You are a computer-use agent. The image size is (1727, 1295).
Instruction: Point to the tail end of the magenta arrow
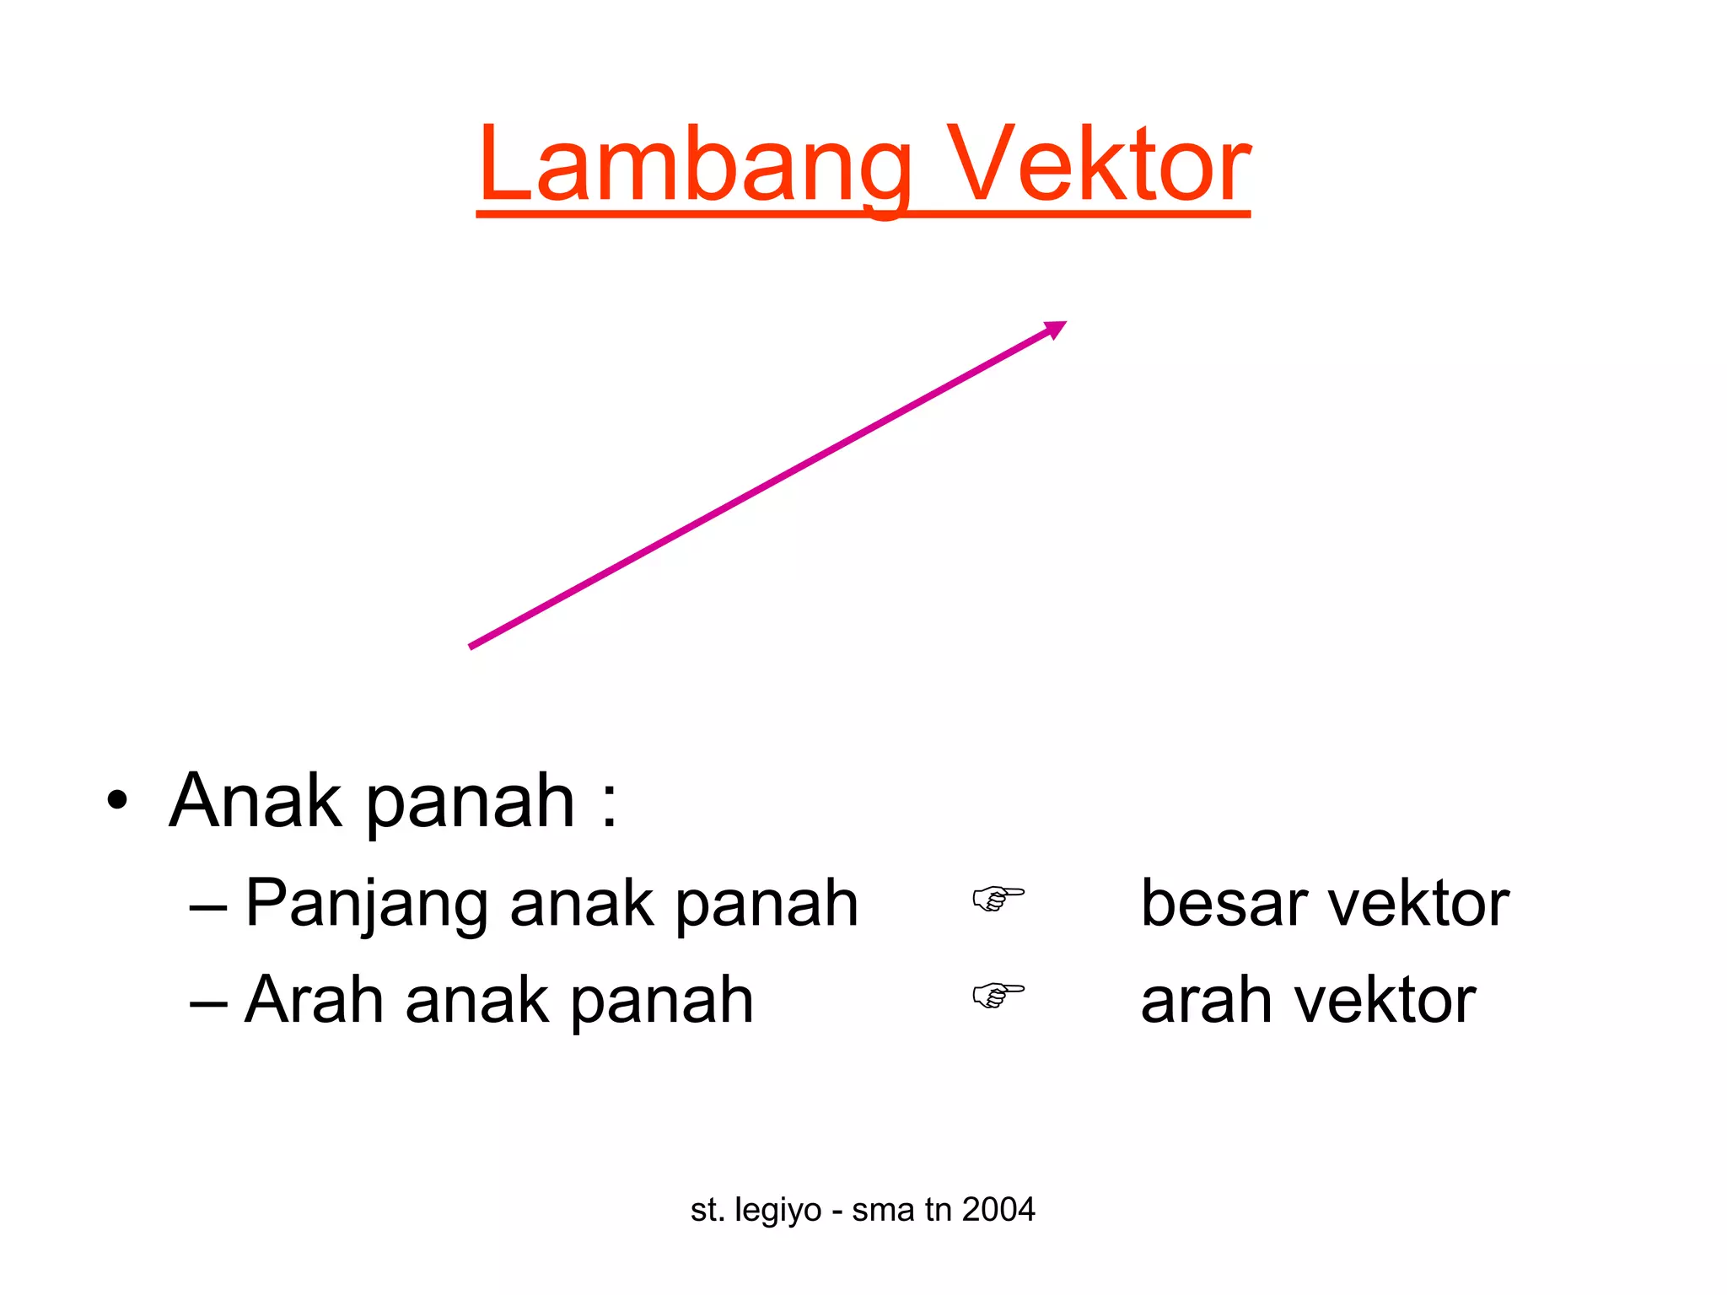point(472,646)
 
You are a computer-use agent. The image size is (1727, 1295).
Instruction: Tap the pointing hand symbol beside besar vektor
point(998,899)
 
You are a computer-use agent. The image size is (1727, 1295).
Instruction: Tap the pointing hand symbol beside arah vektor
point(998,995)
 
